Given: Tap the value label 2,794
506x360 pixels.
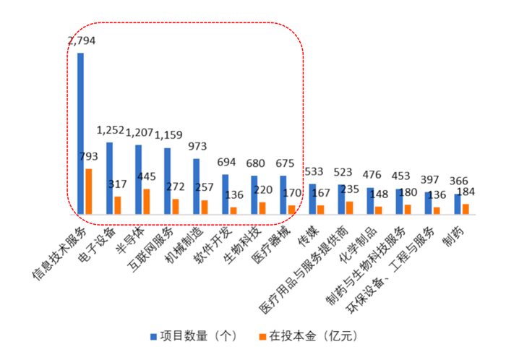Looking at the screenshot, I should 81,40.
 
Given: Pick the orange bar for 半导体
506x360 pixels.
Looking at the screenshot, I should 147,202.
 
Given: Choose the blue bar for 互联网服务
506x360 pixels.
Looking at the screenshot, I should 167,181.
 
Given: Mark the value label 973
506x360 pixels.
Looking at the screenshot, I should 197,145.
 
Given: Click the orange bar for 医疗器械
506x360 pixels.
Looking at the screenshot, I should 291,210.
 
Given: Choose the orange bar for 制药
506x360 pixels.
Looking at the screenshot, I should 466,209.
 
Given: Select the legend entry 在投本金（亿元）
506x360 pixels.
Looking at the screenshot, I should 307,336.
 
